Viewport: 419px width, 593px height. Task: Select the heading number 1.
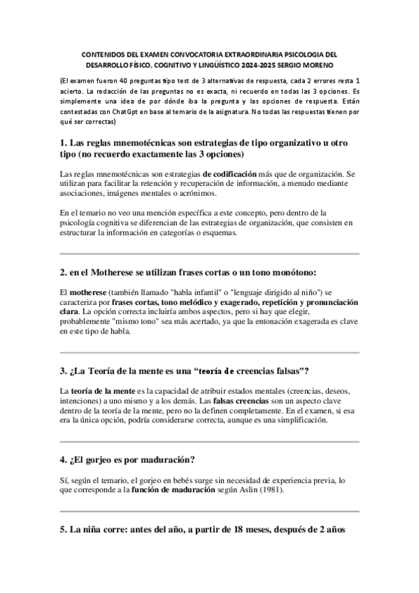(64, 143)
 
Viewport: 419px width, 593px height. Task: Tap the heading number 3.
(64, 369)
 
